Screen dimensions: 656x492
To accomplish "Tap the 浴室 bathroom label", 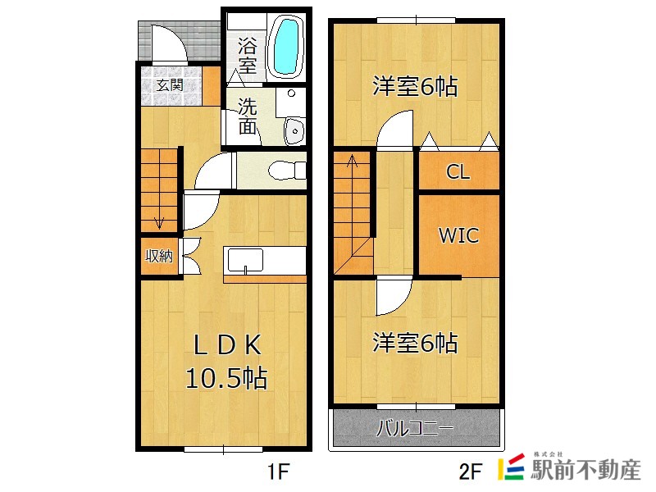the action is (248, 55).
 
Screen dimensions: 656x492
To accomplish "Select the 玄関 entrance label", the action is (171, 85).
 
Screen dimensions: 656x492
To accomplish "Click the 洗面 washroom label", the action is (248, 116).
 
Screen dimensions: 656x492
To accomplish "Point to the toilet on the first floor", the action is (286, 171).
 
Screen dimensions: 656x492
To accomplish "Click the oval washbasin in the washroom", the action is (294, 131).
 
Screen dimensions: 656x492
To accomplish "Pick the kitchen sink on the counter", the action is (245, 261).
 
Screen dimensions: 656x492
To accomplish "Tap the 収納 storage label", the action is (159, 256).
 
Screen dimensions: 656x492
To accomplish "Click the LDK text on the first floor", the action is (227, 345).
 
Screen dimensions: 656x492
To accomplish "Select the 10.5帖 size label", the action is (226, 378).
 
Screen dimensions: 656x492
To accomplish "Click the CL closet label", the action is (458, 171).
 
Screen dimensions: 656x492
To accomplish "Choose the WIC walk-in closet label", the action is (458, 235).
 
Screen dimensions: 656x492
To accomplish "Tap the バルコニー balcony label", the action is (415, 428).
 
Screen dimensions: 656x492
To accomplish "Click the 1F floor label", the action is (279, 472).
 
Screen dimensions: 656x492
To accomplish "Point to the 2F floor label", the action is (470, 472).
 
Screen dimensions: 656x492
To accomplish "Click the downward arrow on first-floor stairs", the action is (159, 223).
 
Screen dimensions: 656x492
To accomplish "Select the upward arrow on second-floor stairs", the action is (353, 161).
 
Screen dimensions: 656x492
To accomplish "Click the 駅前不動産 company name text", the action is (585, 469).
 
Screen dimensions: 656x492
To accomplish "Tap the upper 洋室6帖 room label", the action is (415, 87).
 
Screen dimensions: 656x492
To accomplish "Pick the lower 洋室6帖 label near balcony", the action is (415, 343).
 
